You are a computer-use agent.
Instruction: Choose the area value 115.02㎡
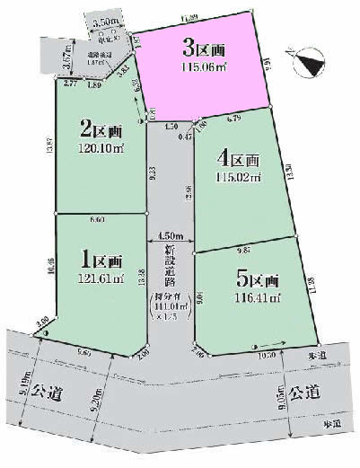[x=239, y=177]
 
